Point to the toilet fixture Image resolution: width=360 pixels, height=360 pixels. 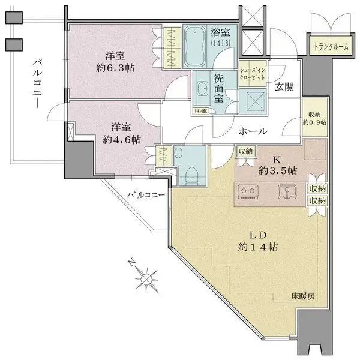tap(191, 171)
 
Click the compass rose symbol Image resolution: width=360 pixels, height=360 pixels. tap(146, 278)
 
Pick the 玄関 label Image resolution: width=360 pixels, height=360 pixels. tap(284, 86)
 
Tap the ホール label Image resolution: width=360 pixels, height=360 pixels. tap(253, 131)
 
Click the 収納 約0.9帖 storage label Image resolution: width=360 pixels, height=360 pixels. tap(314, 118)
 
